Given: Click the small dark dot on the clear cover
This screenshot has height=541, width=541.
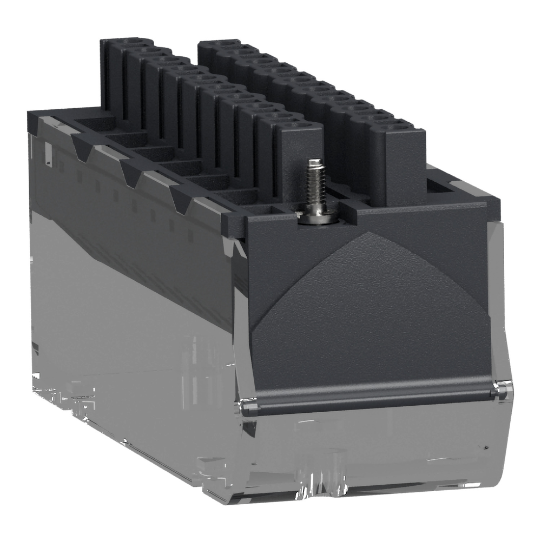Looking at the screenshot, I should pos(486,447).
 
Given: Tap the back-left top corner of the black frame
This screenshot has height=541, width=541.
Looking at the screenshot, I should pos(32,114).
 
